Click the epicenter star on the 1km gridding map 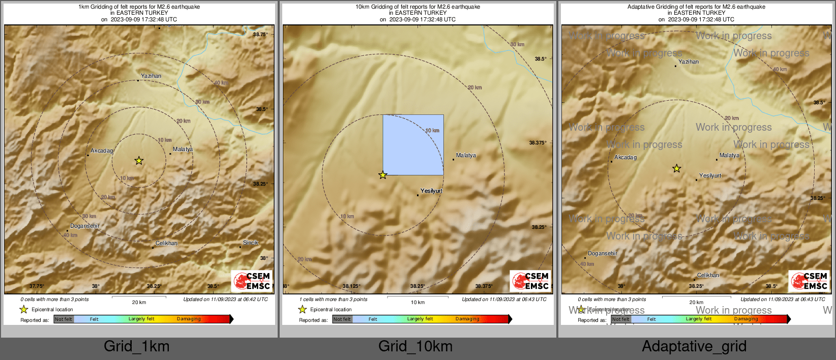[139, 161]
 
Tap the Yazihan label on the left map [151, 76]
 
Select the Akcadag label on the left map [102, 151]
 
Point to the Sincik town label [251, 243]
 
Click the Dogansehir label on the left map [85, 226]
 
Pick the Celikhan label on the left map [167, 243]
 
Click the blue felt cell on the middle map [413, 145]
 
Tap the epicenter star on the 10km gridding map [383, 175]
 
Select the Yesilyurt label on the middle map [431, 191]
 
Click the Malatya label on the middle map [466, 155]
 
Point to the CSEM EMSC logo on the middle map [531, 281]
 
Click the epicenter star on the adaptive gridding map [676, 168]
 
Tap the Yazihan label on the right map [689, 62]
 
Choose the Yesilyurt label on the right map [710, 175]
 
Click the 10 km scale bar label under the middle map [417, 303]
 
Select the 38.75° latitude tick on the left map [260, 34]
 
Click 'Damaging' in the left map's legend [189, 319]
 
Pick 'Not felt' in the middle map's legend [342, 319]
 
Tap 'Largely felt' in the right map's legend [699, 319]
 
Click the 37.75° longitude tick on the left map [37, 286]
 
